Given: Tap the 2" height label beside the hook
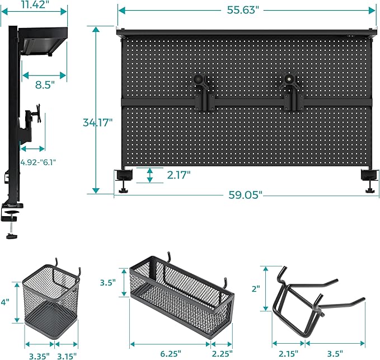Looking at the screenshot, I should [x=256, y=289].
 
